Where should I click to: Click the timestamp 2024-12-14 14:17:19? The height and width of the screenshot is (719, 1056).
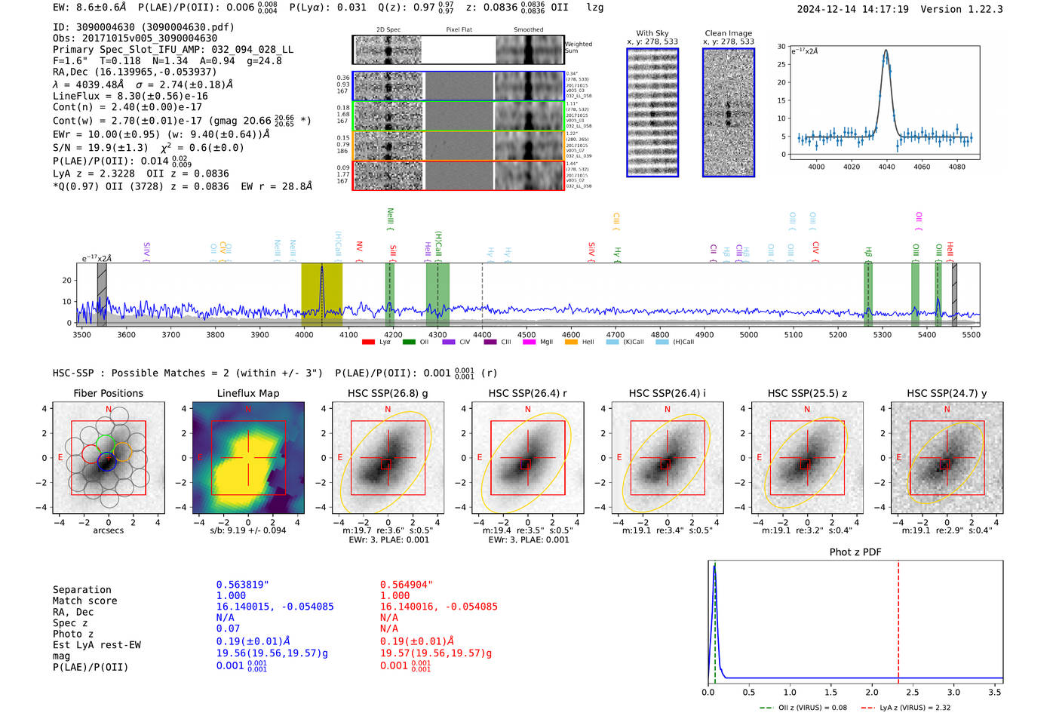tap(852, 10)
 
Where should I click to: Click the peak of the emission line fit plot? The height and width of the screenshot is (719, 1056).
tap(886, 51)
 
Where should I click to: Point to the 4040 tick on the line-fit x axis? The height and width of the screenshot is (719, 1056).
tap(886, 167)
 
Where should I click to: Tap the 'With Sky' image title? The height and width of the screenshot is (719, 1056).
tap(652, 33)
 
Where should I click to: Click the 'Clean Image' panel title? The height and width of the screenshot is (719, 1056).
tap(728, 33)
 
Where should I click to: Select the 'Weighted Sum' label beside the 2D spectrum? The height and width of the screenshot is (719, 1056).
tap(578, 48)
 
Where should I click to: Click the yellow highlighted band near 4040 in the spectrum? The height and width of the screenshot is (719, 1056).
tap(321, 294)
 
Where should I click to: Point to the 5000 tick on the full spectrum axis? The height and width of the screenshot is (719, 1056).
tap(749, 335)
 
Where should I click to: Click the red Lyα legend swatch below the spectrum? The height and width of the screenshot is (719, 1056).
tap(368, 342)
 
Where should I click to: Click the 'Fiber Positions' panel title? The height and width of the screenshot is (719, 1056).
tap(108, 393)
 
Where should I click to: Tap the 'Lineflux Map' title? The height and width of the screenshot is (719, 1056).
tap(247, 393)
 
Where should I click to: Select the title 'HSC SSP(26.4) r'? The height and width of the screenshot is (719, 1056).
tap(527, 393)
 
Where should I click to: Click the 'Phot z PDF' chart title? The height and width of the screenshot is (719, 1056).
tap(855, 552)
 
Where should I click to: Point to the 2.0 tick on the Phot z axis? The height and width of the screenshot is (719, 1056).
tap(872, 692)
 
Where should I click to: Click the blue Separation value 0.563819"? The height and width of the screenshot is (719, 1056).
tap(242, 585)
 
